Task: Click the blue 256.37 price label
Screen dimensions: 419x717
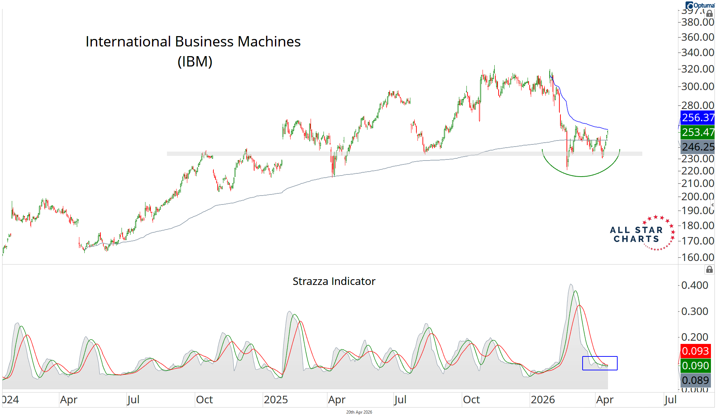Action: click(697, 118)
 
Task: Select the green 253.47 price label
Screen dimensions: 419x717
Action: click(697, 132)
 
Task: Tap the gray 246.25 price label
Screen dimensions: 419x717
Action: click(697, 147)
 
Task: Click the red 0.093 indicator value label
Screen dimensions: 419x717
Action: click(695, 351)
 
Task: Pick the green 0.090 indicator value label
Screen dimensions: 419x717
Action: click(695, 366)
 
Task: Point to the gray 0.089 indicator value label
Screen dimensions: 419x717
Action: click(695, 380)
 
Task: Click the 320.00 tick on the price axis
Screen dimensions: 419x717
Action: click(697, 69)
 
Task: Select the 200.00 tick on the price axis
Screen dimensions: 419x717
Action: click(697, 197)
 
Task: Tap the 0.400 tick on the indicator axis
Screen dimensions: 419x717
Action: click(694, 285)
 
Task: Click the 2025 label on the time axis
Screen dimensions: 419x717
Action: click(276, 400)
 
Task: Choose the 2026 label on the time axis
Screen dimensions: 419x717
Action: click(543, 400)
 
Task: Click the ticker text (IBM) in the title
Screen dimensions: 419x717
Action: click(195, 61)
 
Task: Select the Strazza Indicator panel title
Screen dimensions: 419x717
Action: click(334, 281)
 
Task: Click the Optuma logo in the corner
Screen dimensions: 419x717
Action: click(699, 5)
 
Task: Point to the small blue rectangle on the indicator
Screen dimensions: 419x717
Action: click(600, 363)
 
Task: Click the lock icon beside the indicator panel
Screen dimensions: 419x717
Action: click(709, 270)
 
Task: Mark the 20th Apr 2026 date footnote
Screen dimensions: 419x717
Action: click(359, 412)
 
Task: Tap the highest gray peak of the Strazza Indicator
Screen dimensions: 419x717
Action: click(571, 285)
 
